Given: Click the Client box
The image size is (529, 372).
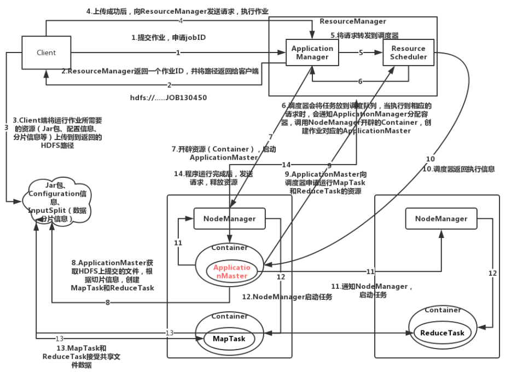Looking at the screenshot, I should [x=46, y=53].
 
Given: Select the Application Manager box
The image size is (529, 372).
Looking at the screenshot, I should [x=312, y=53].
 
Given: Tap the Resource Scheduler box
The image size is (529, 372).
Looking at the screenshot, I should [x=409, y=53].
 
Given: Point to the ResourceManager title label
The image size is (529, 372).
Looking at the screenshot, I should [x=353, y=21].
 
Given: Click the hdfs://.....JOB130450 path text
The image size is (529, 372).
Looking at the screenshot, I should [x=168, y=98].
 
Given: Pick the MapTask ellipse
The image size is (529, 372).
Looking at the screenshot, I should [x=229, y=339].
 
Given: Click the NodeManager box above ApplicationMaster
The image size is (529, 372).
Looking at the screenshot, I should [x=229, y=218].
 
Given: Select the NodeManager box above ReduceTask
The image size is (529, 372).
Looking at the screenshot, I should [x=441, y=218].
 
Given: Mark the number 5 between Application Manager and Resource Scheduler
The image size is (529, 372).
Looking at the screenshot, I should [x=361, y=53].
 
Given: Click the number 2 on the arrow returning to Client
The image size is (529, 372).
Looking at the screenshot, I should [x=169, y=85].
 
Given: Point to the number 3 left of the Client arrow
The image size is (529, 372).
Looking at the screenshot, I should [x=7, y=127].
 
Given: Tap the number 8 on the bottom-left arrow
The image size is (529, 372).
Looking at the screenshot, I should [x=108, y=302].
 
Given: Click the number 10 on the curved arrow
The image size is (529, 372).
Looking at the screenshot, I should [x=431, y=159].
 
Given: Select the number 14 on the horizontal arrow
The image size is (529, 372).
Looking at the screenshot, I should [x=286, y=165].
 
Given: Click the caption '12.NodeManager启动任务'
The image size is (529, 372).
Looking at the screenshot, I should [x=287, y=297].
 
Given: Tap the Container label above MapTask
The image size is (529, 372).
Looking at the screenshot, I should [x=229, y=316].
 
